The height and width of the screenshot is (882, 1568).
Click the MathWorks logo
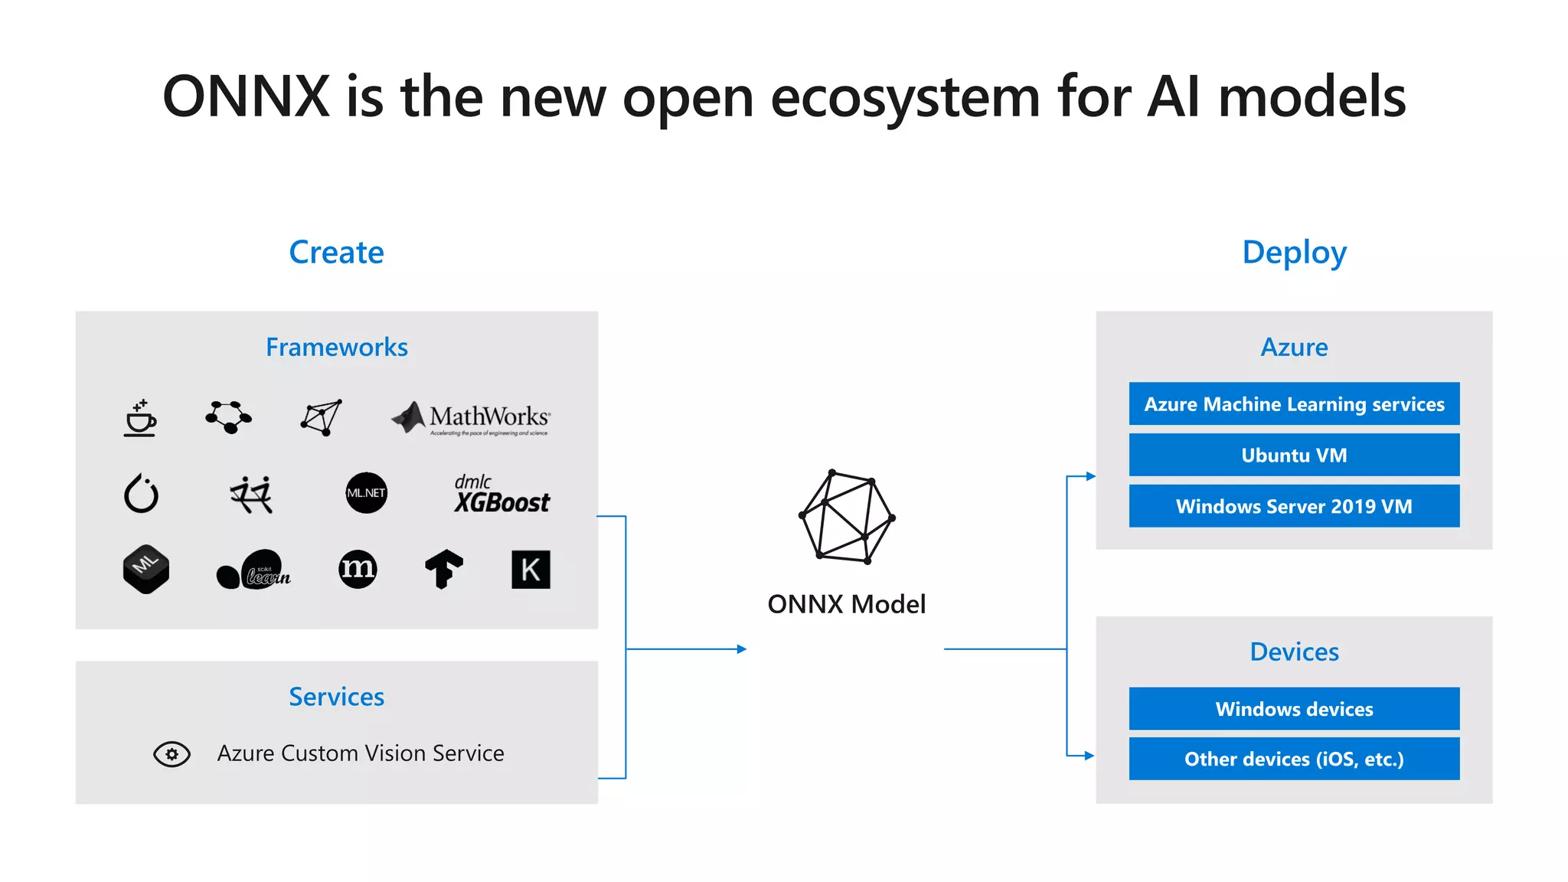click(x=471, y=417)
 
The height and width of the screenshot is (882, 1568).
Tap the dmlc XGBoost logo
click(x=501, y=494)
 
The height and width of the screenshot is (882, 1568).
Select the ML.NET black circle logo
click(x=366, y=492)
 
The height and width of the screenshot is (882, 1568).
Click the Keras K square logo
click(x=531, y=570)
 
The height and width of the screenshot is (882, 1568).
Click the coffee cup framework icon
click(x=140, y=418)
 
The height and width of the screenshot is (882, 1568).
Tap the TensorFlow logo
click(x=444, y=569)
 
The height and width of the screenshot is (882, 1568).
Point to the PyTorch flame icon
click(x=141, y=493)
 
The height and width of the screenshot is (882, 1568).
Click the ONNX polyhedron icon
click(x=847, y=517)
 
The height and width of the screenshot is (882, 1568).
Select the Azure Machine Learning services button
click(x=1294, y=403)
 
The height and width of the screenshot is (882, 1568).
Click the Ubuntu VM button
click(x=1294, y=455)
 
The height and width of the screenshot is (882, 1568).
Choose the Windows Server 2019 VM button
click(x=1294, y=506)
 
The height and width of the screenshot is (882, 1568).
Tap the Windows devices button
click(x=1294, y=709)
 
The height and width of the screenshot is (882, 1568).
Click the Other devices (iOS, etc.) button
click(x=1294, y=759)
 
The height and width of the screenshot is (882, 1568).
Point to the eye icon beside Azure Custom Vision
click(x=171, y=754)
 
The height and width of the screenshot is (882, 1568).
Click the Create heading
click(x=336, y=252)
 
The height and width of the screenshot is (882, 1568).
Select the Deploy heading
click(x=1294, y=252)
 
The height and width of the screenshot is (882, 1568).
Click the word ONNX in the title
click(x=246, y=97)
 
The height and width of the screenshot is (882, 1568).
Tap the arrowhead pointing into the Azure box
click(x=1090, y=476)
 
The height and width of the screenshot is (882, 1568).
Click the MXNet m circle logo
click(x=358, y=569)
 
